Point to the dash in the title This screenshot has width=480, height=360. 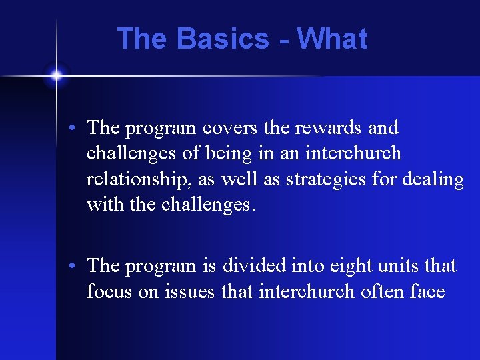(x=284, y=40)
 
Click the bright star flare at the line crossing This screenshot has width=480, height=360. (x=56, y=75)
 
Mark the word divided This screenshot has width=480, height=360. (x=255, y=266)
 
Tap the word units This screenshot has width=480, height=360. (x=400, y=266)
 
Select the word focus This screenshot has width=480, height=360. (x=109, y=291)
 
